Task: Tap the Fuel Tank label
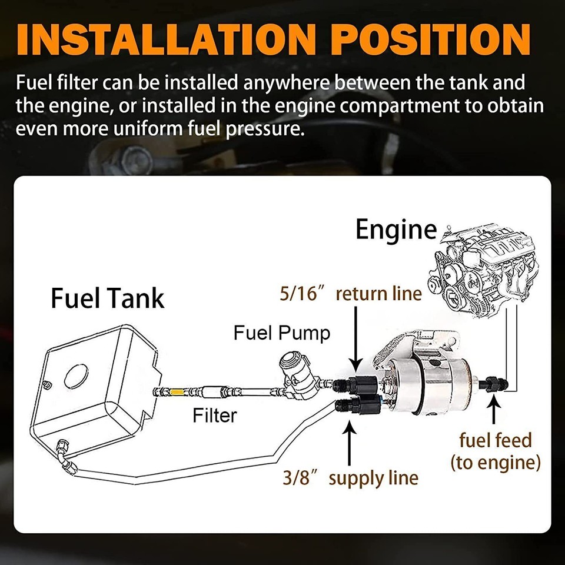point(107,298)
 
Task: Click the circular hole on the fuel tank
point(76,377)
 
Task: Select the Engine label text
point(396,230)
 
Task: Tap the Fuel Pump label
point(282,333)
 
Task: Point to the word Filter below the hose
point(215,416)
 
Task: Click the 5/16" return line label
point(351,294)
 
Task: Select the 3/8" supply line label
point(351,477)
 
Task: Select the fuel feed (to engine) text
point(496,451)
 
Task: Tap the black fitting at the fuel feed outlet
point(488,386)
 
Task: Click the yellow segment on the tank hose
point(177,391)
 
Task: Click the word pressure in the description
point(262,128)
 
